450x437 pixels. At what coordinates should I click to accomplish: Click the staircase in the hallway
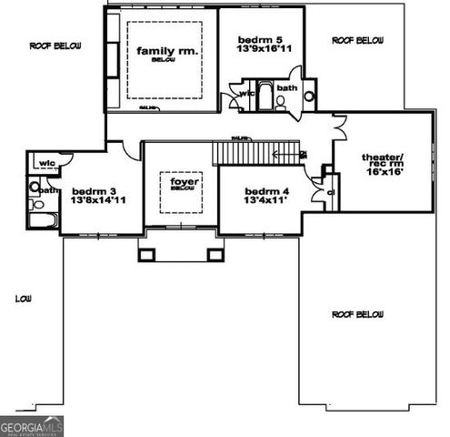click(255, 152)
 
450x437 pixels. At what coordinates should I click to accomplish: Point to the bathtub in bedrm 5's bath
click(265, 96)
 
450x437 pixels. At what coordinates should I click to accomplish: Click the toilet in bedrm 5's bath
click(308, 95)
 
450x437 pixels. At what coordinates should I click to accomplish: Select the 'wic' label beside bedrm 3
click(45, 163)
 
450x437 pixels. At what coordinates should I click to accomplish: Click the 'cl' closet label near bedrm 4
click(331, 193)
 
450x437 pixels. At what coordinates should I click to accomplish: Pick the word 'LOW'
click(24, 299)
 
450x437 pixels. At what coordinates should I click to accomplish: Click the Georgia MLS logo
click(30, 425)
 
